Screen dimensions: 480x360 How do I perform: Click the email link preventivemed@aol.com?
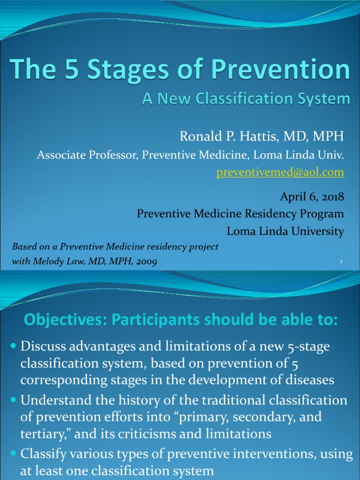pos(280,172)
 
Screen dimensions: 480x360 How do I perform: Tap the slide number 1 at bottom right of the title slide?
pos(342,262)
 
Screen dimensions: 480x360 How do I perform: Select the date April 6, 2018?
pos(312,196)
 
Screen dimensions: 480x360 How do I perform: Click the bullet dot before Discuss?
pos(14,346)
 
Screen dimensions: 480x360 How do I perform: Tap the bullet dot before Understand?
pos(14,401)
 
